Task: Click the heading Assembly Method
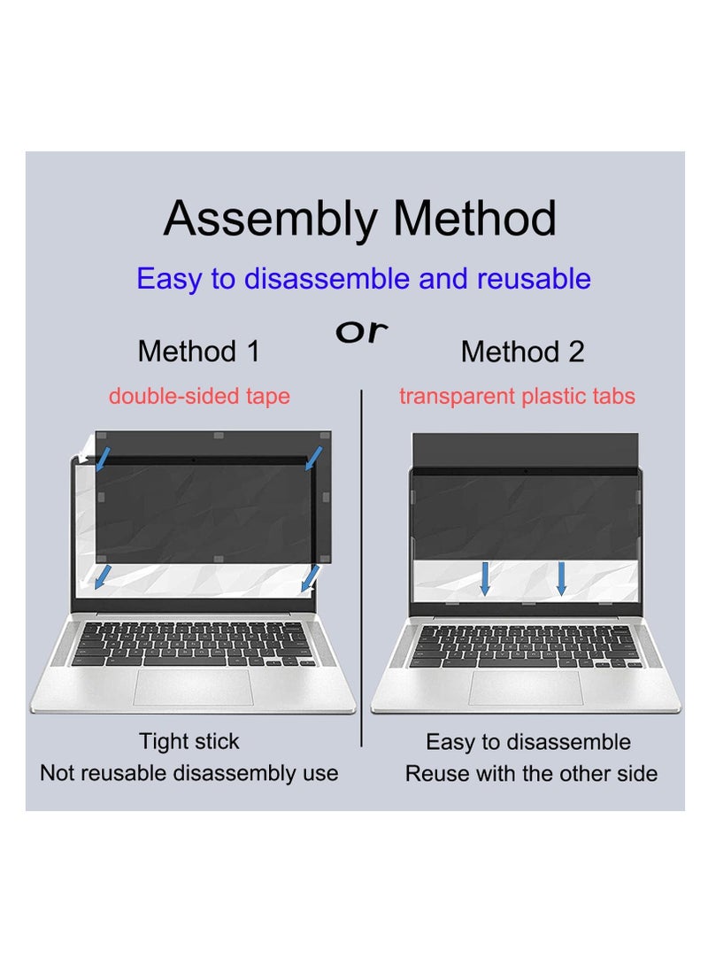360,219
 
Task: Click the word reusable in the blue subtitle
534,279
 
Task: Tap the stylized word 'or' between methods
361,331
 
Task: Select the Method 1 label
199,352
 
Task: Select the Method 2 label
522,352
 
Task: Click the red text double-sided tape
199,396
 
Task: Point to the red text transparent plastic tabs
517,396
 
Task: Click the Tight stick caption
189,741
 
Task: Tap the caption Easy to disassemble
528,742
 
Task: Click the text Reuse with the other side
531,773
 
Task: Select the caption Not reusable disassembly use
189,773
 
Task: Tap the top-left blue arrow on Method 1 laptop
104,459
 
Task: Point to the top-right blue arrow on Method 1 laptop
313,459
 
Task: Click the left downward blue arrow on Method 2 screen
485,577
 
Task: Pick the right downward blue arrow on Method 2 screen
561,577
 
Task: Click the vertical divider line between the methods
361,567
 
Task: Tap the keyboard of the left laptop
192,644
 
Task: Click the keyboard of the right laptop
525,646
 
